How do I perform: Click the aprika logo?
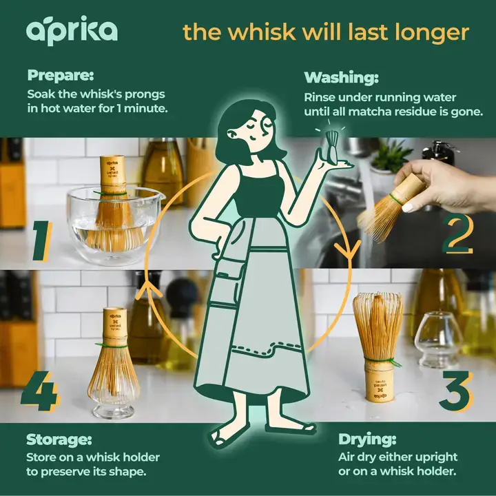(72, 31)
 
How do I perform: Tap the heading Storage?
(59, 439)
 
